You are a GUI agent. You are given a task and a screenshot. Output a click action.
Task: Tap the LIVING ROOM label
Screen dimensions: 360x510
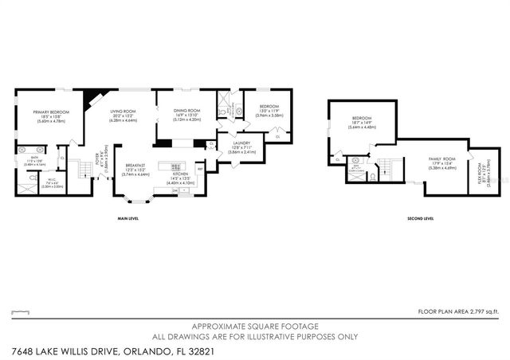(125, 112)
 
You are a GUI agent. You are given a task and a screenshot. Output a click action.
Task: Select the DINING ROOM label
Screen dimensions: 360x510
(188, 111)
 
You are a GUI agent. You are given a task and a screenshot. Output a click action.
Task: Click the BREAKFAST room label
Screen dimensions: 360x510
(135, 165)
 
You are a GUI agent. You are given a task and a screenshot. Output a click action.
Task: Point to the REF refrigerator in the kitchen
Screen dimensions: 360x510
(199, 169)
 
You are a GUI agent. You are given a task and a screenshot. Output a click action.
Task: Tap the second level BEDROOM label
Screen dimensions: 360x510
(362, 119)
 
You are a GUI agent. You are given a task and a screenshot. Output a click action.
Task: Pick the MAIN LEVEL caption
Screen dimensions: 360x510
(128, 217)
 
